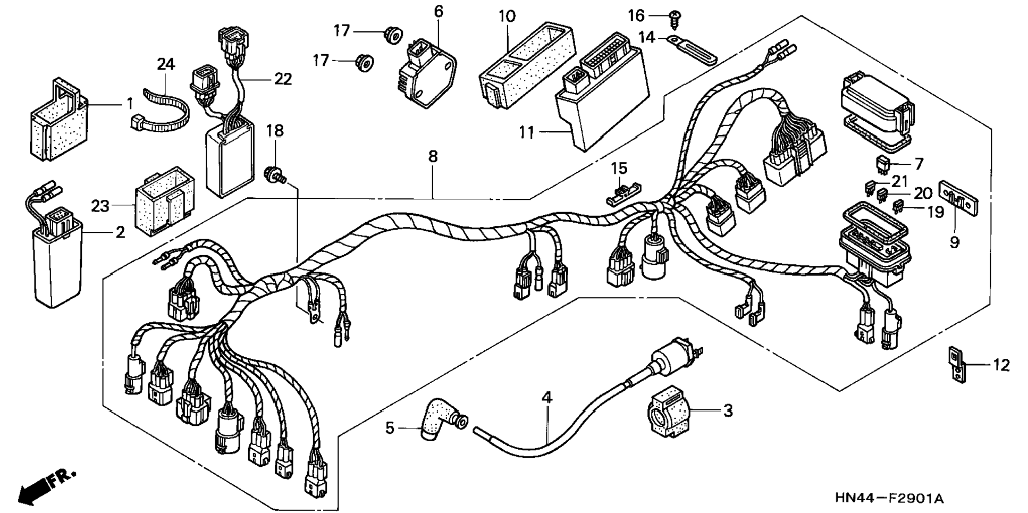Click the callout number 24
coord(166,65)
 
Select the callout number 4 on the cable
coord(547,397)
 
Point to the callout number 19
coord(936,213)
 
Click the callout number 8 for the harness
coord(433,156)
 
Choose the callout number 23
coord(100,206)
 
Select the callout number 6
coord(439,11)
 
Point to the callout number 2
coord(120,232)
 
